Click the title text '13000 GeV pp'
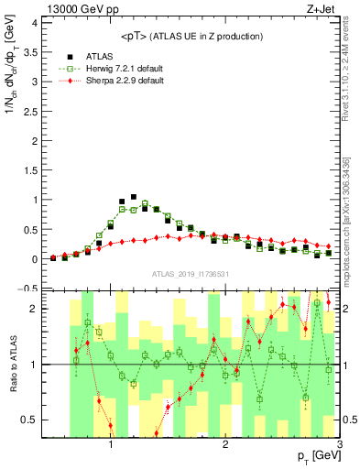point(73,8)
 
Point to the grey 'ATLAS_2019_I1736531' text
point(190,274)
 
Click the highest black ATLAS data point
point(134,197)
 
